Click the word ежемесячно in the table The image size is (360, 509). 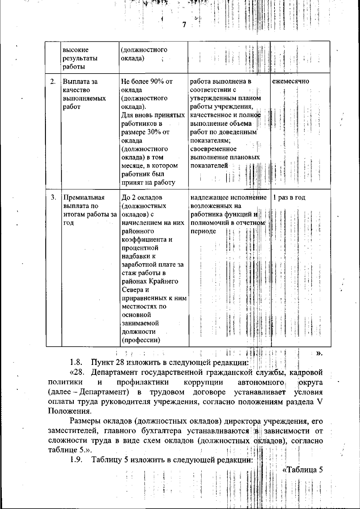pyautogui.click(x=290, y=82)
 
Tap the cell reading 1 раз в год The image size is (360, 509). pyautogui.click(x=289, y=198)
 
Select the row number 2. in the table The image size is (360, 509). pyautogui.click(x=53, y=82)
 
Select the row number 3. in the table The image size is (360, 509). pyautogui.click(x=53, y=197)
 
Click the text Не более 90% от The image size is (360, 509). pyautogui.click(x=147, y=82)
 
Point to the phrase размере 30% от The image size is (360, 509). pyautogui.click(x=145, y=132)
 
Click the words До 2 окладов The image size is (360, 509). pyautogui.click(x=142, y=198)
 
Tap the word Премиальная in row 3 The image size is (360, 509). pyautogui.click(x=84, y=198)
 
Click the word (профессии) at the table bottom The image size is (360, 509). pyautogui.click(x=141, y=340)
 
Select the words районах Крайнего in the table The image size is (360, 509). pyautogui.click(x=150, y=282)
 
